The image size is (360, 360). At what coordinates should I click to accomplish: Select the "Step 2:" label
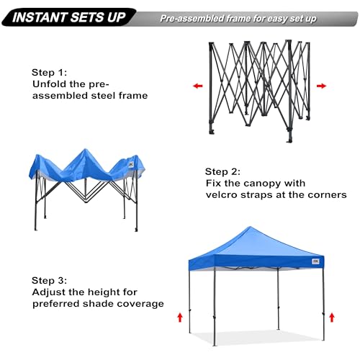(x=223, y=171)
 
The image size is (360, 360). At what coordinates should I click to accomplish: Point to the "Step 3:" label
(x=49, y=280)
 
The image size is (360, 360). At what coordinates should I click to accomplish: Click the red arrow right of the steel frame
(x=321, y=86)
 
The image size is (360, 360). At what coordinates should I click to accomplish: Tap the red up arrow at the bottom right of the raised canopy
(x=332, y=317)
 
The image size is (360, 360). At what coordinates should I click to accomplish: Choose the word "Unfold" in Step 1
(x=48, y=84)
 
